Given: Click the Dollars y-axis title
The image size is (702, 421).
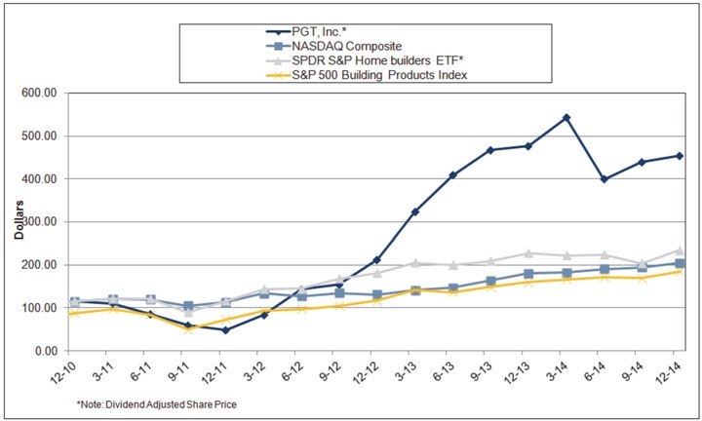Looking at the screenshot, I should [18, 222].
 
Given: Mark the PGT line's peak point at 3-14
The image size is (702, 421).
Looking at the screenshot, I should [566, 118].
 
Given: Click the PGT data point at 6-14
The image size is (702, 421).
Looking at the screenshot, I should [604, 179].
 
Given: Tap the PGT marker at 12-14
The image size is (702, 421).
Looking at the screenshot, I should [680, 156].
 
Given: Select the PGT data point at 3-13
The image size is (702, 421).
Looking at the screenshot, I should [415, 211].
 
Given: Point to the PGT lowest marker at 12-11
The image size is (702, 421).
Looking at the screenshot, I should [226, 330].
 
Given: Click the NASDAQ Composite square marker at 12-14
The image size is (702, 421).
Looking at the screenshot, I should [680, 263].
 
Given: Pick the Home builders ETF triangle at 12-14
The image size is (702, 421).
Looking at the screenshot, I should [680, 250].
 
